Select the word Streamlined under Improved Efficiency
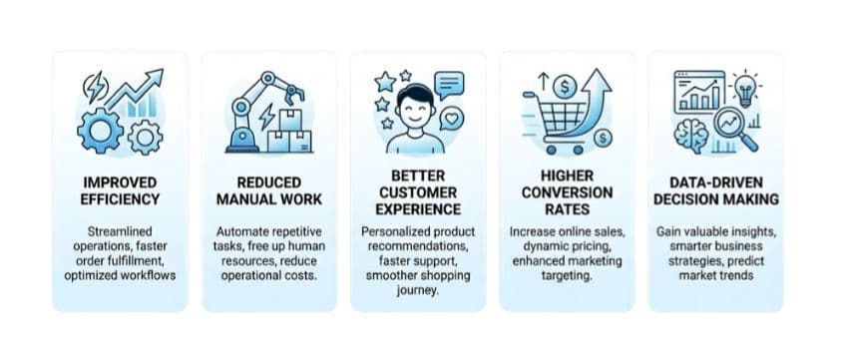119,231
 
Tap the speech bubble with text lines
450,83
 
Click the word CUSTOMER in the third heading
417,191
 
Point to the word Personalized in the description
393,231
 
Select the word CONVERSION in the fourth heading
566,191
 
